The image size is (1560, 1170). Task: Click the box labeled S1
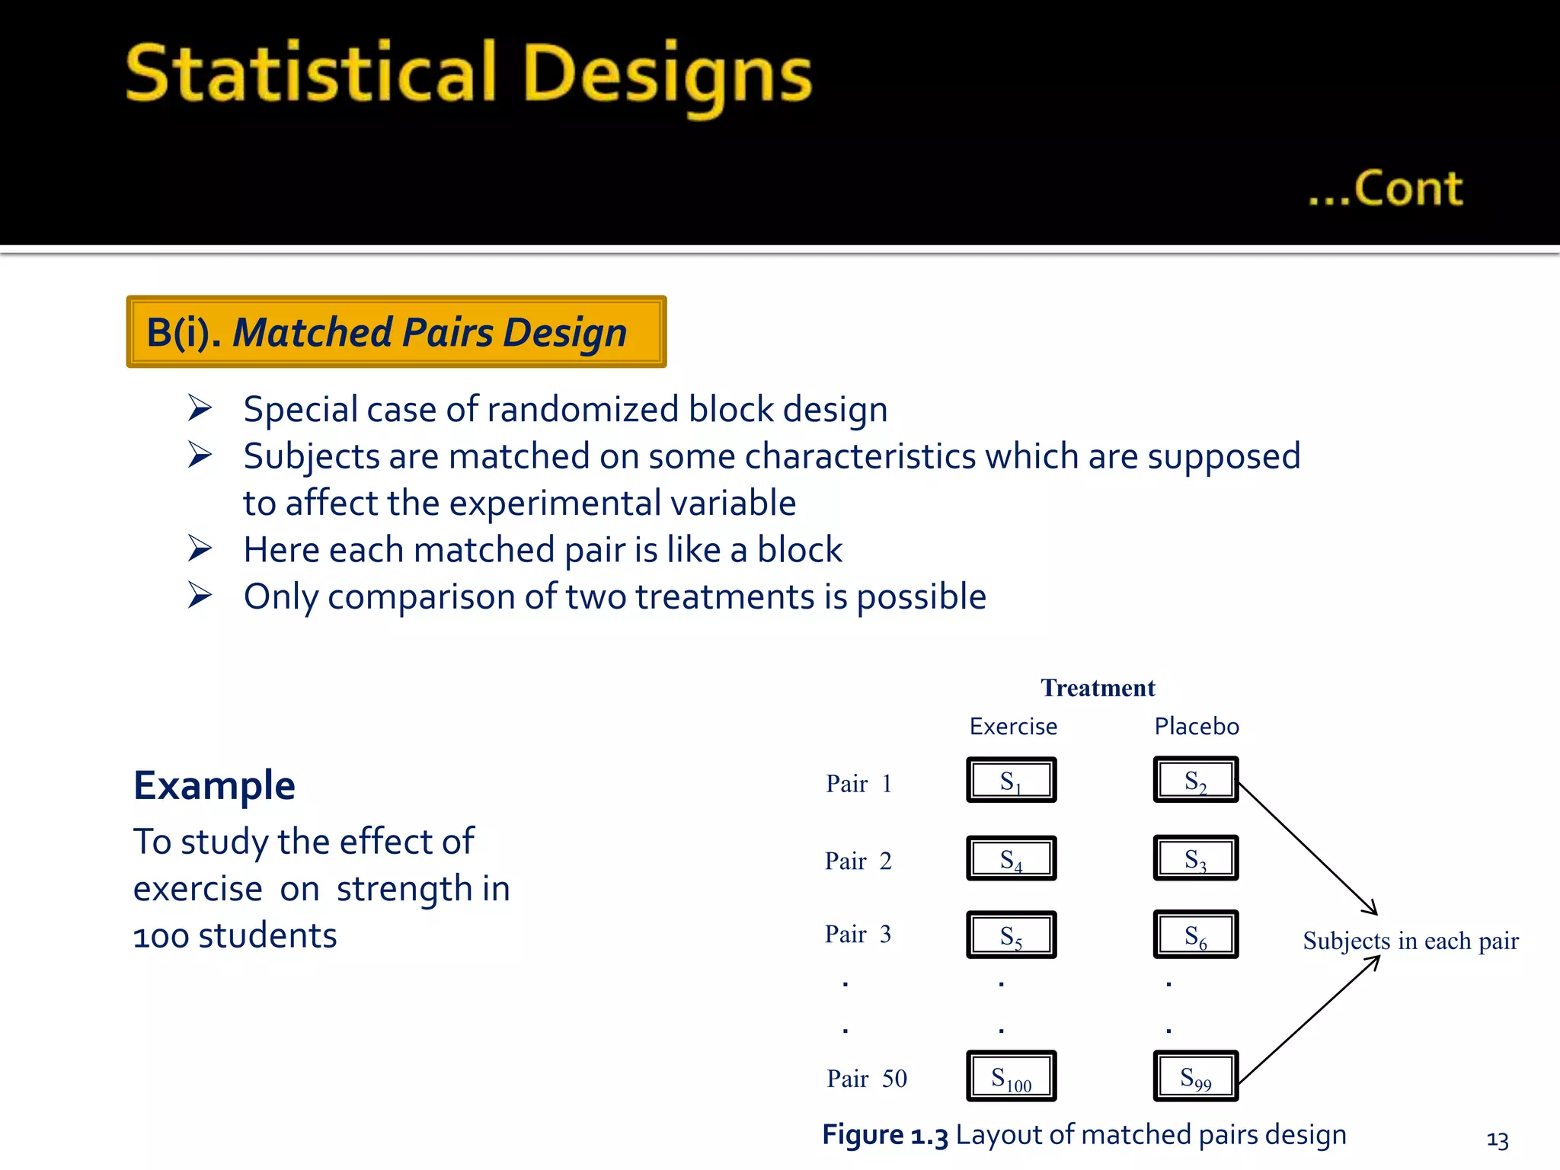(x=1011, y=780)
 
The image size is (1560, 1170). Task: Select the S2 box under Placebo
(x=1195, y=780)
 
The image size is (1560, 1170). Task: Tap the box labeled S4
(x=1011, y=858)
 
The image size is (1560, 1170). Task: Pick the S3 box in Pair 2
(x=1195, y=858)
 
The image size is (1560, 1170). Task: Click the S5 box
(x=1011, y=935)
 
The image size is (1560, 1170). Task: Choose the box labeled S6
(x=1195, y=935)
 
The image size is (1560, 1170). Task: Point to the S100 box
(x=1011, y=1076)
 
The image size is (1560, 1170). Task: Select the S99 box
(x=1195, y=1076)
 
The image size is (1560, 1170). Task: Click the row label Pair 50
(x=867, y=1079)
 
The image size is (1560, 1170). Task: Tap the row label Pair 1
(x=858, y=784)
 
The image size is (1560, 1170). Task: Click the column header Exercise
(x=1013, y=727)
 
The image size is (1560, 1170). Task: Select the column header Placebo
(x=1197, y=727)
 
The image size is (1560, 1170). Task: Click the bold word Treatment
(x=1098, y=688)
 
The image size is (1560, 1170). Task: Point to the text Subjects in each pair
(x=1411, y=941)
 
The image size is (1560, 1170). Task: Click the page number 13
(x=1497, y=1140)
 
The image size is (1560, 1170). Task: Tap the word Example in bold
(x=214, y=785)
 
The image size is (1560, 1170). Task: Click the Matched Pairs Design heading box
(x=396, y=332)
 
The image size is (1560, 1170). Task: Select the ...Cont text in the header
(x=1386, y=189)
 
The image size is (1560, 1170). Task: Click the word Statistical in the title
(x=311, y=73)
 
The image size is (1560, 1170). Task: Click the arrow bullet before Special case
(x=200, y=409)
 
